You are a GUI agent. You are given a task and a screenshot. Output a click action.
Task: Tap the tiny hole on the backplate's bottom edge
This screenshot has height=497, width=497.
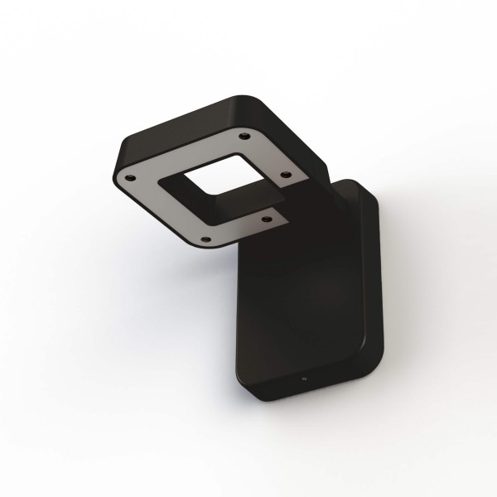[305, 379]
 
